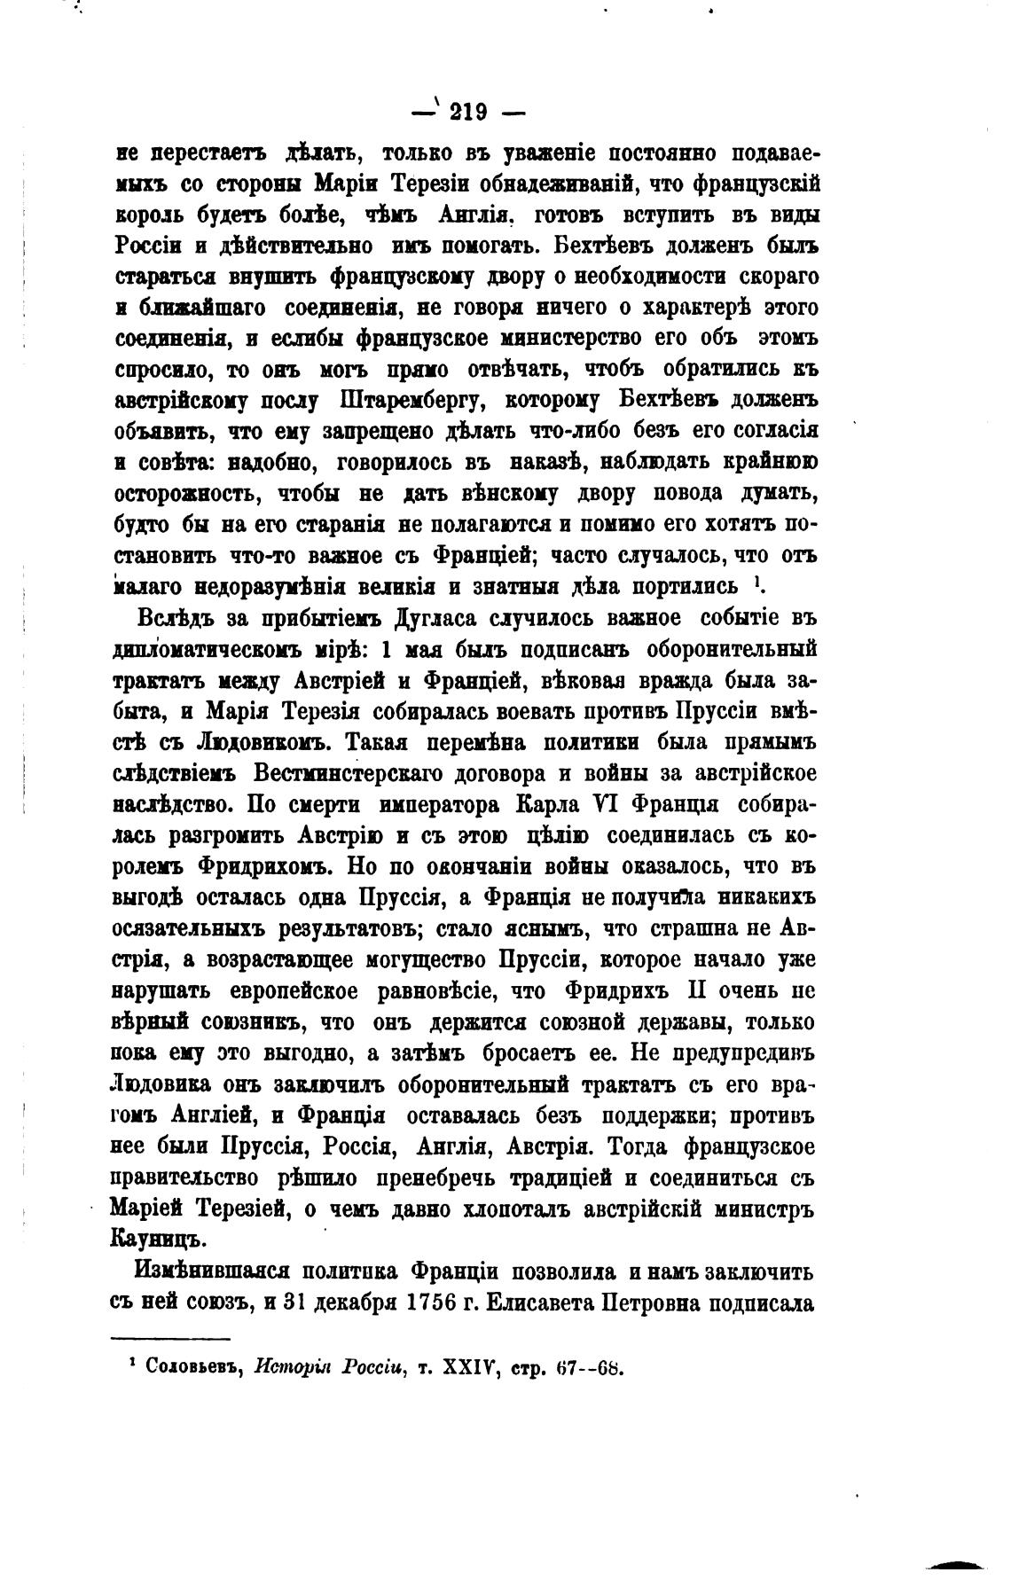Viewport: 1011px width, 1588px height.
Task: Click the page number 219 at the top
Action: coord(468,112)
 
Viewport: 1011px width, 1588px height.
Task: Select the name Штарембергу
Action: coord(411,400)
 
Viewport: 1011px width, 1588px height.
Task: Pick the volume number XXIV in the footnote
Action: coord(454,1367)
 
